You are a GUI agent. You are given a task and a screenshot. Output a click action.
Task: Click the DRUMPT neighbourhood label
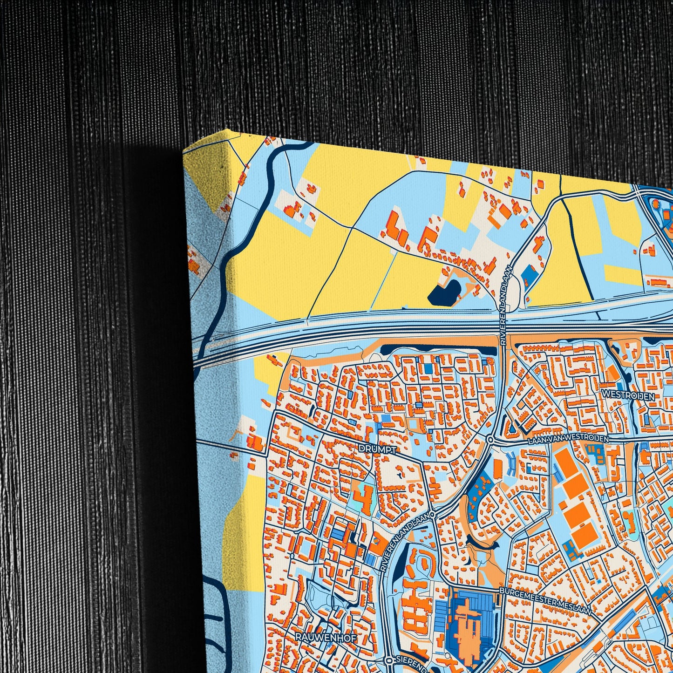377,449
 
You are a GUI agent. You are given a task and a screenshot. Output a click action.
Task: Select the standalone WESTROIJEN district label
628,396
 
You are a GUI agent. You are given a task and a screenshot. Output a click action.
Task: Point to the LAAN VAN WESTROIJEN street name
568,439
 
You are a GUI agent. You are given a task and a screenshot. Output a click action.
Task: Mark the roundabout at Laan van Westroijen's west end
490,439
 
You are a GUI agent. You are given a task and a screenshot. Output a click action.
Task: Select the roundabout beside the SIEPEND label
389,660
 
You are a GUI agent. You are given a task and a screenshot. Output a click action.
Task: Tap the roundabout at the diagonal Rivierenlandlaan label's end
433,515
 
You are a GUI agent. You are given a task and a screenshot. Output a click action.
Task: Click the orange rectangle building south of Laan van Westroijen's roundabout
497,468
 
